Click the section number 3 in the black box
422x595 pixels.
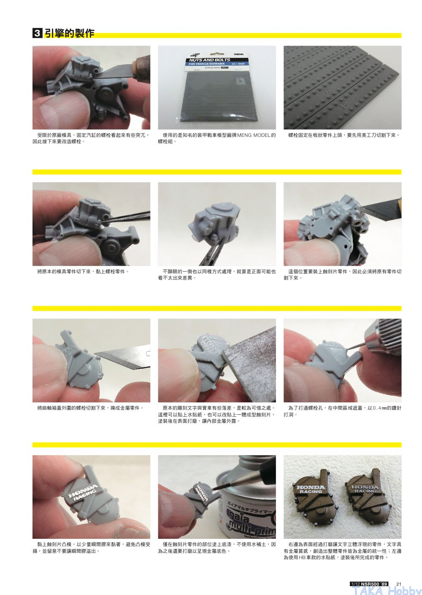point(37,33)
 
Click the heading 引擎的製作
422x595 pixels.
point(70,33)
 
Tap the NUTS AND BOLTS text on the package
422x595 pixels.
point(209,60)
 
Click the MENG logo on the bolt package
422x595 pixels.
point(239,54)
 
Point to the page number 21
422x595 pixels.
point(398,584)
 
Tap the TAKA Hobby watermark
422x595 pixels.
point(386,590)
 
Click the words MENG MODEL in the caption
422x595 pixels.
point(254,135)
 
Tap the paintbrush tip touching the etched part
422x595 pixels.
point(213,489)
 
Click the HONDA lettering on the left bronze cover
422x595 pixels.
point(311,487)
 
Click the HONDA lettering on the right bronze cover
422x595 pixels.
point(365,487)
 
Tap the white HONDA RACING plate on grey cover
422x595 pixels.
point(83,493)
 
